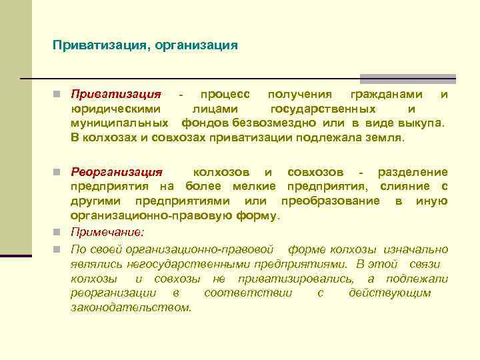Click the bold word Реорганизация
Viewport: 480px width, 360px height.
click(x=121, y=173)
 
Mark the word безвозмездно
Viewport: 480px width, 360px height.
click(x=275, y=123)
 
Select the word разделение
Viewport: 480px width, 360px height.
click(x=413, y=173)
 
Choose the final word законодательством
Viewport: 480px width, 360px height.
click(x=131, y=307)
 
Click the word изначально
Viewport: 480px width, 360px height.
click(x=416, y=249)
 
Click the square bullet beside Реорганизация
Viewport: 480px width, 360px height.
click(x=59, y=173)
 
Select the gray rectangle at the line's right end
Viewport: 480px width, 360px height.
click(x=408, y=79)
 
